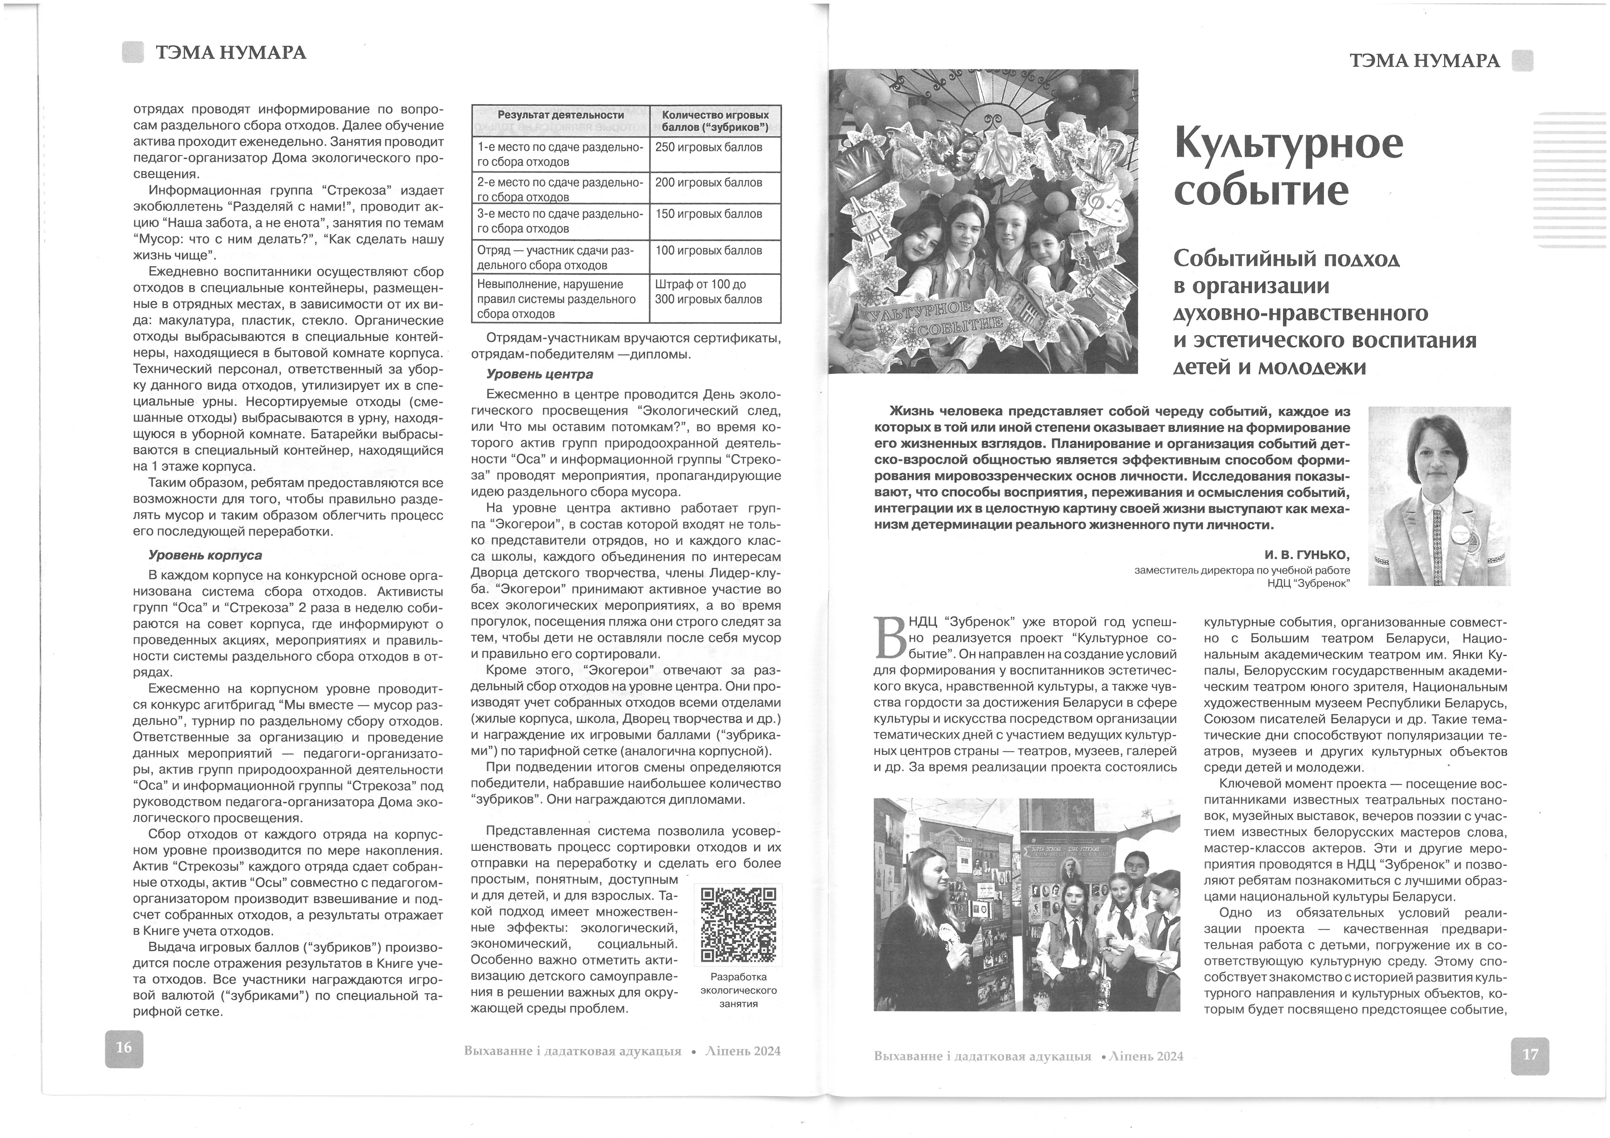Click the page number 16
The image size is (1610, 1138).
(x=124, y=1047)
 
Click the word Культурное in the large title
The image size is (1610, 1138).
(x=1289, y=144)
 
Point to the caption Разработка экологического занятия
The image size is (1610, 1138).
(x=738, y=989)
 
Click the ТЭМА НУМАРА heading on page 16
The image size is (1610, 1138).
(x=231, y=53)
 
